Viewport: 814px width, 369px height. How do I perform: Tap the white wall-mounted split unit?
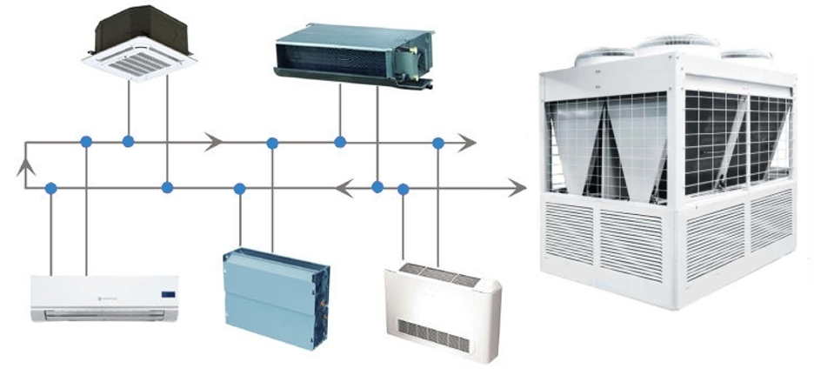coord(104,299)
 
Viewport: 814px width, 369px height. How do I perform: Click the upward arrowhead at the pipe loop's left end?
coord(25,164)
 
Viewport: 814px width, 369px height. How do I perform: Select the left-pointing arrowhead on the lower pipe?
coord(344,187)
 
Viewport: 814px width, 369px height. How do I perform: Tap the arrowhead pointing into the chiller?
coord(519,187)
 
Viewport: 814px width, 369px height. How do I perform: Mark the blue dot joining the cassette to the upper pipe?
coord(128,141)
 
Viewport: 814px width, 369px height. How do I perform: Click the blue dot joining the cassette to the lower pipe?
coord(167,187)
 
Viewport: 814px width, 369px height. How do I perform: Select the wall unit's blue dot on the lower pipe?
coord(51,187)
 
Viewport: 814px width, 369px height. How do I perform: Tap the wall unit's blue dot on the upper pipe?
coord(85,141)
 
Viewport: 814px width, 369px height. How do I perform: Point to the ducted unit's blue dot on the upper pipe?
coord(340,141)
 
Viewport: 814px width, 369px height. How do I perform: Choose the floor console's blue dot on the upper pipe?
coord(438,142)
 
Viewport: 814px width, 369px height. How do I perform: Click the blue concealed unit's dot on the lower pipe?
coord(239,187)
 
